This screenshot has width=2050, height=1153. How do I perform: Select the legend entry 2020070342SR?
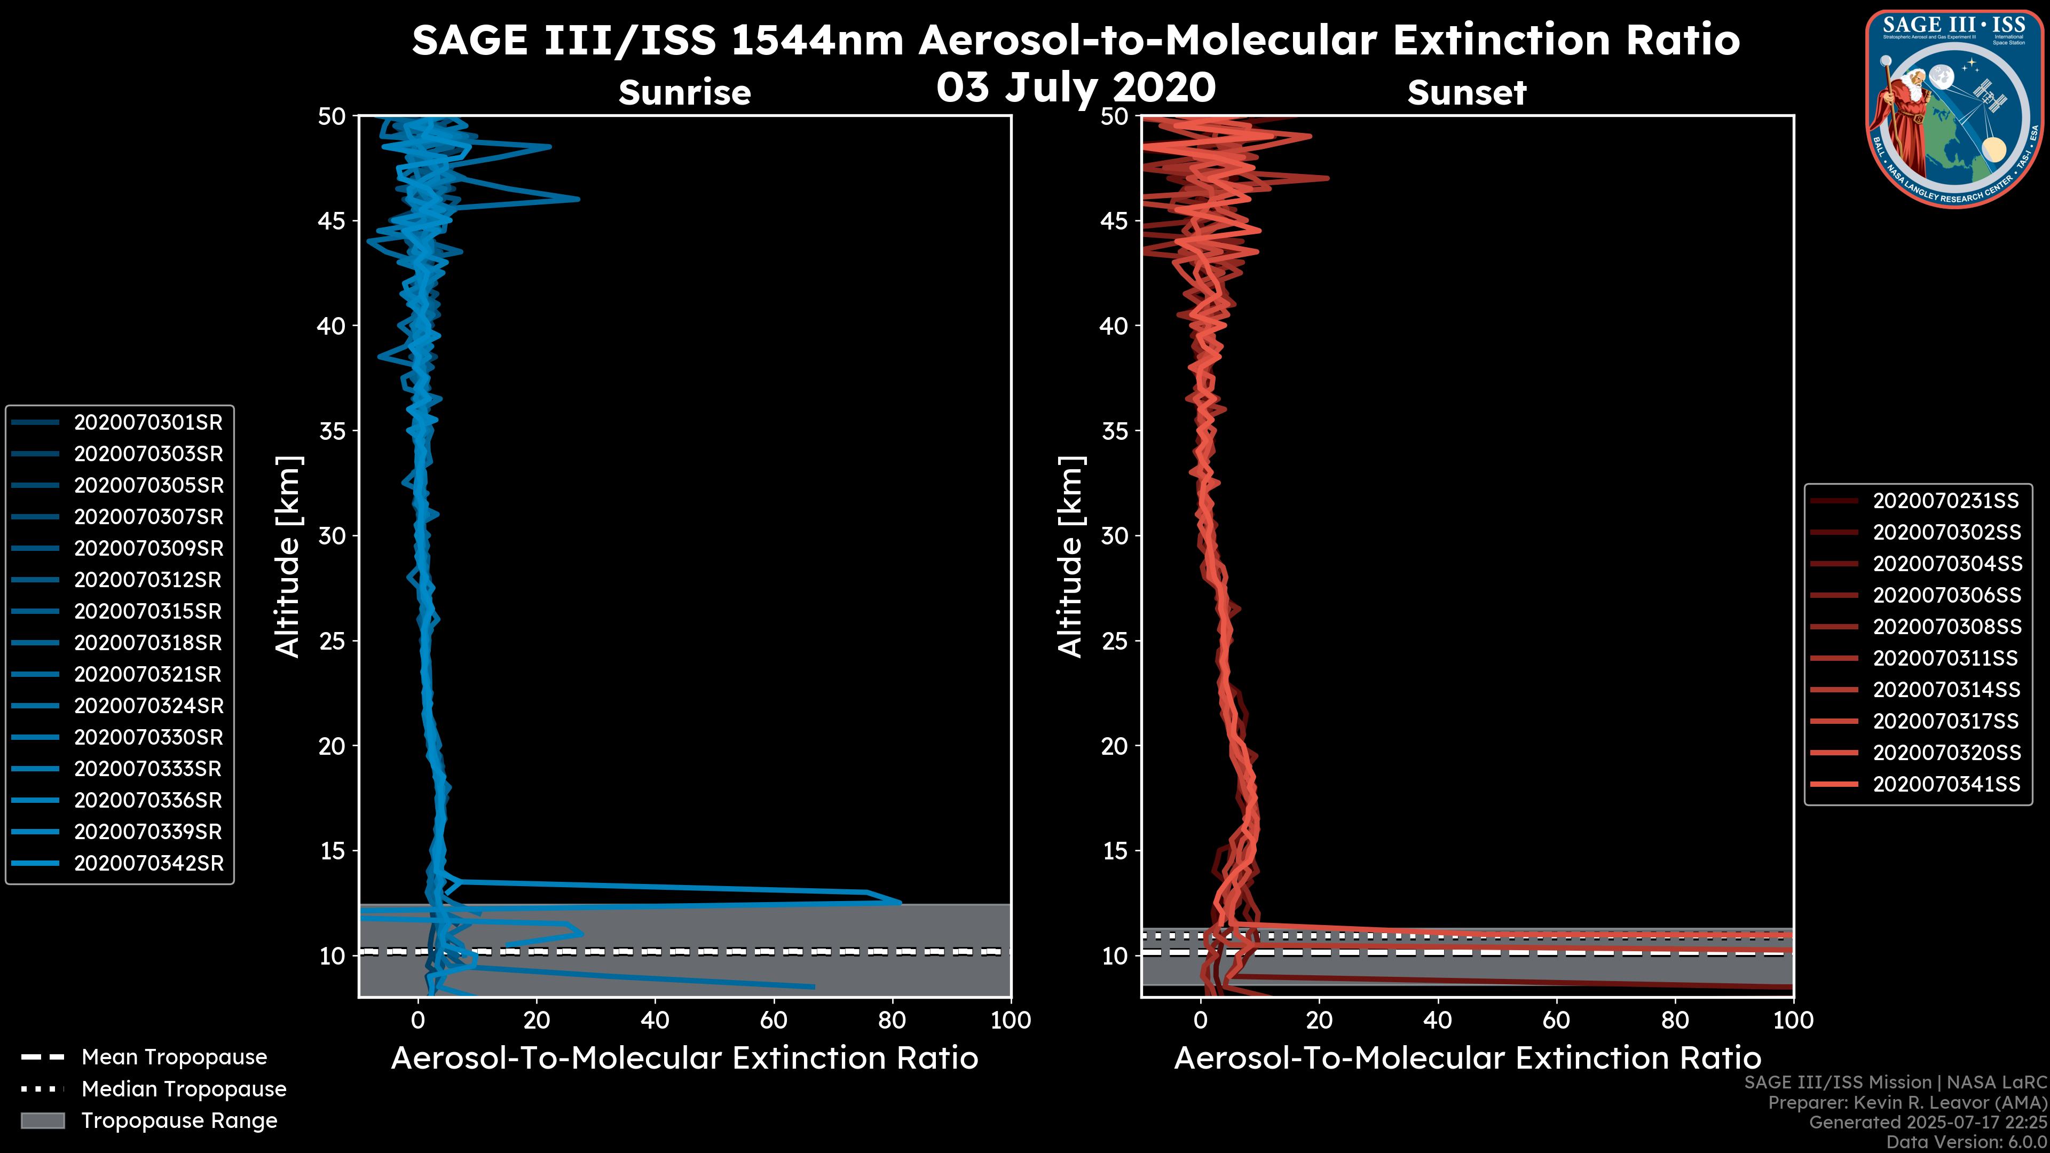[148, 863]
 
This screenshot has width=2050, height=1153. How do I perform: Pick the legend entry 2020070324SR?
[148, 706]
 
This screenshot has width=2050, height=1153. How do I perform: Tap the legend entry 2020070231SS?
[1945, 501]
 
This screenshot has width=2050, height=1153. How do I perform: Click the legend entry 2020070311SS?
[1945, 658]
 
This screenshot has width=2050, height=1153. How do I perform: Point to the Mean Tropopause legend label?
[174, 1057]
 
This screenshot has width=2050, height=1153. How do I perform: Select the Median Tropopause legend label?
[184, 1088]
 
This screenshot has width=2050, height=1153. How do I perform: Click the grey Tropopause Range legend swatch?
[42, 1120]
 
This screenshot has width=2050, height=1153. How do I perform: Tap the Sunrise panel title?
[684, 92]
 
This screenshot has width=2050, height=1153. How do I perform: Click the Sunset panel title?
[1466, 92]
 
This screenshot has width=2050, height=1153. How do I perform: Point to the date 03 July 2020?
[1076, 88]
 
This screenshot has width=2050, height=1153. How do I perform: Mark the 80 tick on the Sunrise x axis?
[892, 1020]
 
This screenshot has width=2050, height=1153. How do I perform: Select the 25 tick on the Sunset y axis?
[1114, 641]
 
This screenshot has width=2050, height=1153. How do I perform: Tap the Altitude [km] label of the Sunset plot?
[1070, 557]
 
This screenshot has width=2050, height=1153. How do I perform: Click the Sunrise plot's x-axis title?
[684, 1057]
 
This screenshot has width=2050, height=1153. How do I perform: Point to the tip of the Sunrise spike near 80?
[900, 902]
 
